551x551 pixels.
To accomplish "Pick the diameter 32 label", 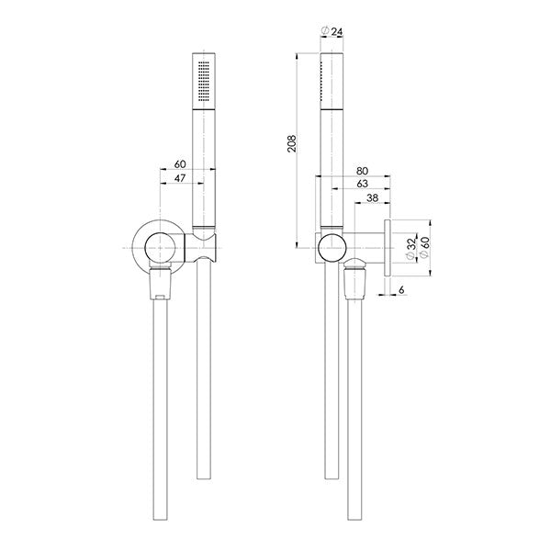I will click(412, 243).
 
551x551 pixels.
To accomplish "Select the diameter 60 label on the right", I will click(425, 243).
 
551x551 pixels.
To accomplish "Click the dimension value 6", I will click(401, 291).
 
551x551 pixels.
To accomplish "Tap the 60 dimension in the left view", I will click(180, 165).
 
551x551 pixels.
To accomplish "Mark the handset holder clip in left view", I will click(203, 245).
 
